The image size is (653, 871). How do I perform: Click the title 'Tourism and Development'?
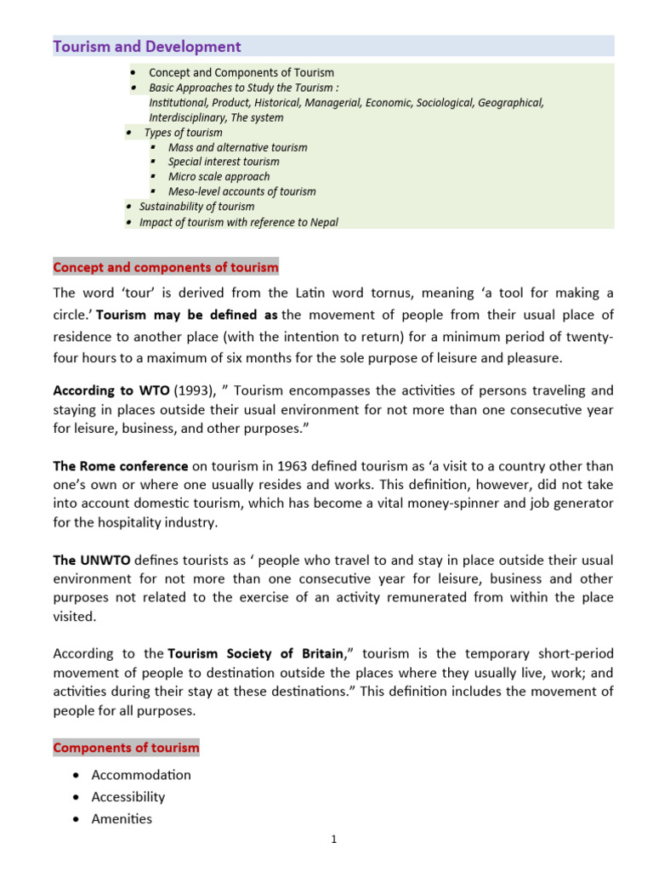click(x=147, y=47)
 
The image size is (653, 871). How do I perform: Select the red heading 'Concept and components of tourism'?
click(x=166, y=268)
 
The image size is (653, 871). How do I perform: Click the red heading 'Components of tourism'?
click(x=126, y=749)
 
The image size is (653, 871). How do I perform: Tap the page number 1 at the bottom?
click(x=334, y=840)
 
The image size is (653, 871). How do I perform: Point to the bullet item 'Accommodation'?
click(x=142, y=775)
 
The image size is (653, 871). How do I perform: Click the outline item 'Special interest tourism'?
click(x=224, y=162)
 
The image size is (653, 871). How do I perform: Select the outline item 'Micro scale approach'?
click(x=219, y=177)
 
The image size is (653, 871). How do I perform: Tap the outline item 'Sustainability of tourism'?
click(x=196, y=207)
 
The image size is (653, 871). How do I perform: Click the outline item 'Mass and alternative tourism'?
click(x=237, y=147)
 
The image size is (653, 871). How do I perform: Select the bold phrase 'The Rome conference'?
click(x=121, y=467)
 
